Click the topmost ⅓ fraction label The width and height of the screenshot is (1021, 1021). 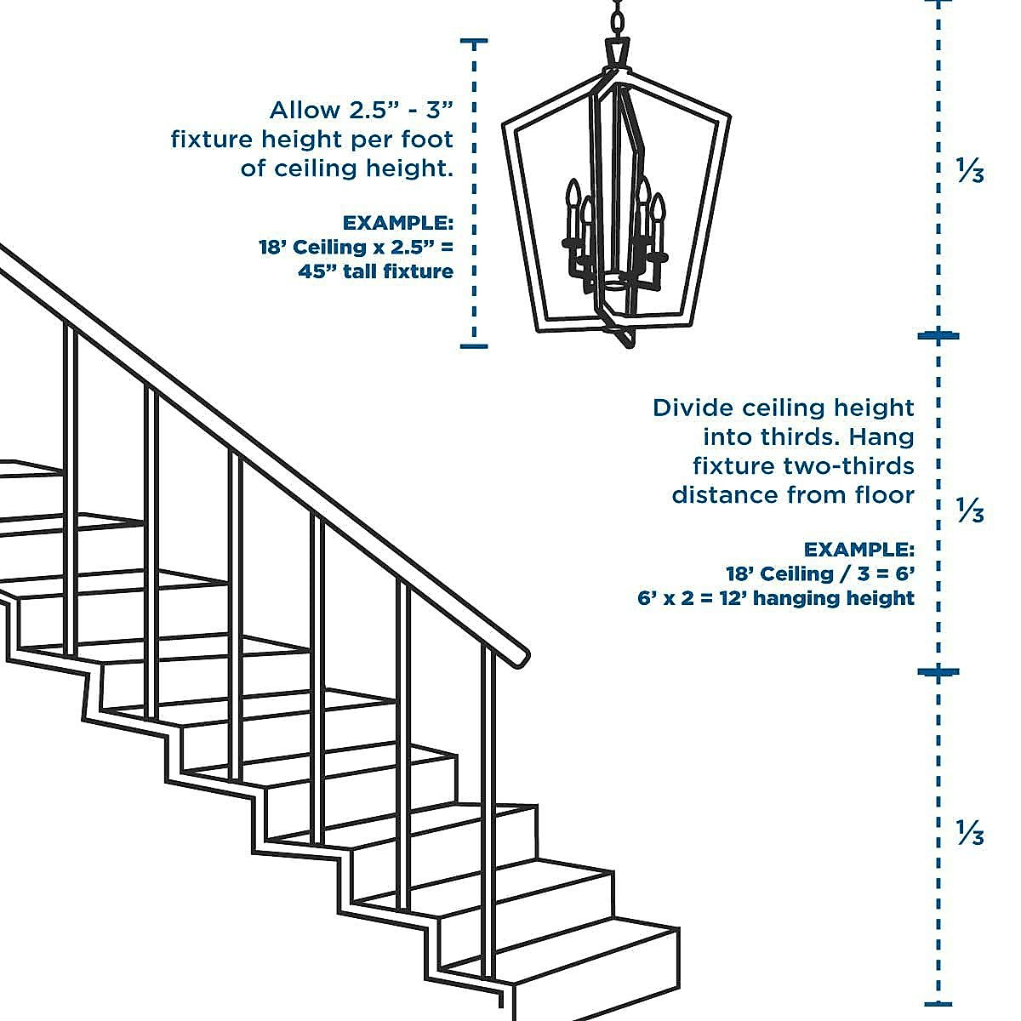970,172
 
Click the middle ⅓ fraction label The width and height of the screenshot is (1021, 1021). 970,511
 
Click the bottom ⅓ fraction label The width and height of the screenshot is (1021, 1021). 970,834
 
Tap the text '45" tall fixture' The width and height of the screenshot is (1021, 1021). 375,272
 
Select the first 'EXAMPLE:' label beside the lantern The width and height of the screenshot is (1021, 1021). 397,223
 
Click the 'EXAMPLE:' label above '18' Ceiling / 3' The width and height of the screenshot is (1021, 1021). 859,549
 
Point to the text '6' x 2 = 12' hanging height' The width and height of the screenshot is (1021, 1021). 776,598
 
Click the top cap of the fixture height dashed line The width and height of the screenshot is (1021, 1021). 474,40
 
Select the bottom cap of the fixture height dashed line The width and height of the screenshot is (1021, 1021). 474,345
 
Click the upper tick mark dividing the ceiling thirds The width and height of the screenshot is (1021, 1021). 938,336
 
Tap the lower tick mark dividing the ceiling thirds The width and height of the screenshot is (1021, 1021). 938,672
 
